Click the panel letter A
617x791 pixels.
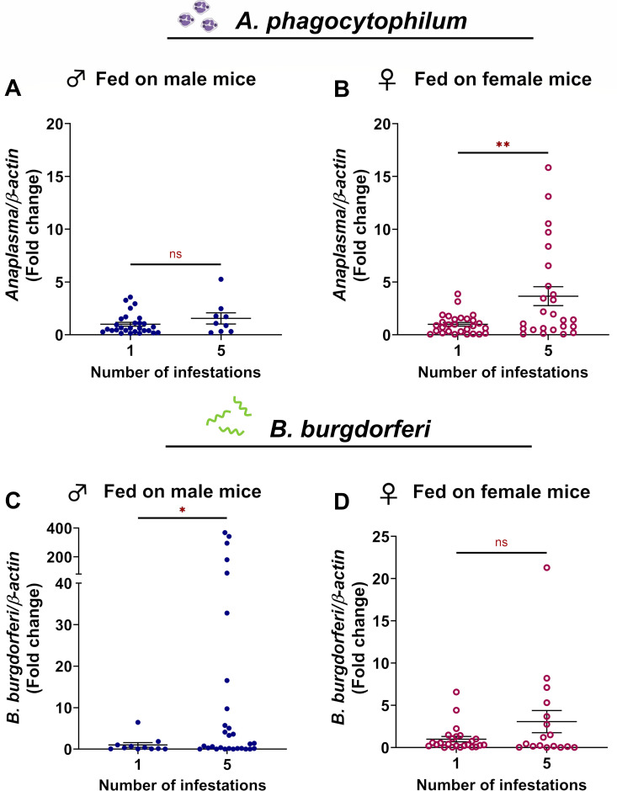point(13,89)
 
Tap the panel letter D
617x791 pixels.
point(342,502)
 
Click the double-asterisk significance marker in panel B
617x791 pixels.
point(503,145)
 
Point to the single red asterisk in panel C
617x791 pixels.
point(182,510)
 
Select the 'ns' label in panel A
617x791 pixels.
point(175,254)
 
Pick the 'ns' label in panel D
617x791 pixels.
point(501,543)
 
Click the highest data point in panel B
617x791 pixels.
point(548,167)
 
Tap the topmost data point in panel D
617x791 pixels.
point(546,567)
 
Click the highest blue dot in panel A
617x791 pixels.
point(221,279)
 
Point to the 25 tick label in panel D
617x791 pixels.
point(381,537)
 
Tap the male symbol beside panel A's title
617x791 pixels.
point(77,79)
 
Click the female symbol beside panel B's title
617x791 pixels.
point(387,80)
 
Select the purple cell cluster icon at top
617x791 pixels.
point(198,16)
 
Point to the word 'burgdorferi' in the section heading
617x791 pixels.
point(365,429)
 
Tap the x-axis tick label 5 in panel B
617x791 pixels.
point(548,351)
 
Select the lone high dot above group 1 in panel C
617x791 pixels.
point(138,722)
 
